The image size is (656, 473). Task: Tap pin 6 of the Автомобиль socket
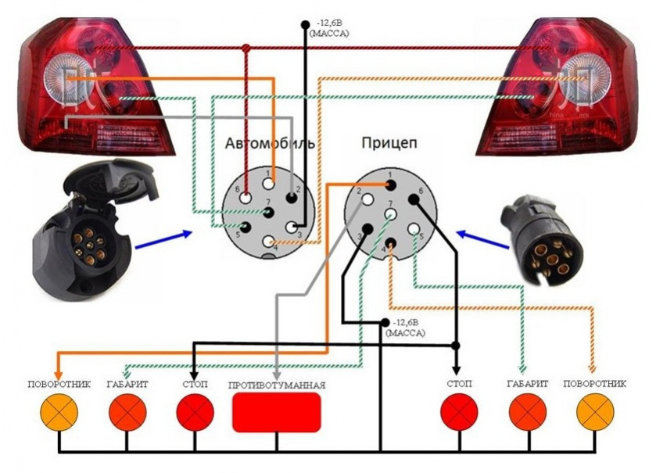coord(245,199)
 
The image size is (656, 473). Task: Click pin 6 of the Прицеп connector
coord(414,199)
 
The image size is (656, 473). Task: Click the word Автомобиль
coord(270,144)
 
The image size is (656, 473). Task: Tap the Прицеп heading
coord(389,144)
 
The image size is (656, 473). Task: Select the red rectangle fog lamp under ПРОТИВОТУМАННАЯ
coord(277,413)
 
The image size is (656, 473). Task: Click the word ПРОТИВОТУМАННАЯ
coord(276,385)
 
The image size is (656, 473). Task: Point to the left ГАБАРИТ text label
coord(127,384)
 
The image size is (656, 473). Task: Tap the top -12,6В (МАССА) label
coord(328,30)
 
